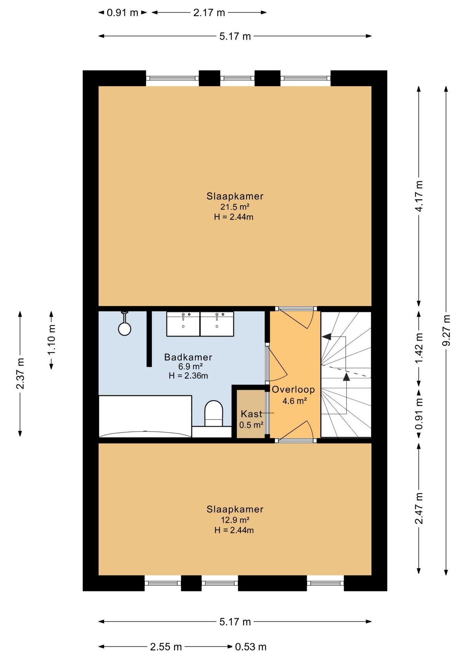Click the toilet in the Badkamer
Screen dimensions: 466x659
(213, 414)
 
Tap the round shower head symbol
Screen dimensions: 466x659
(125, 329)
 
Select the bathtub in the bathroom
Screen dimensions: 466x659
(145, 416)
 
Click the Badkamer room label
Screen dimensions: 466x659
(188, 357)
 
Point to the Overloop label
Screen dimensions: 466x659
(293, 390)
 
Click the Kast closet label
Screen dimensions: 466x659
(252, 414)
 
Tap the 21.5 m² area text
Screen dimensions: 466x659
(235, 207)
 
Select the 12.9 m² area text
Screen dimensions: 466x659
(235, 520)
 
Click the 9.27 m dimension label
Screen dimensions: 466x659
(446, 330)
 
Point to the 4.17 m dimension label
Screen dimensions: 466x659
(419, 196)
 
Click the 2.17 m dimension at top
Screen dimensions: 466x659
(209, 13)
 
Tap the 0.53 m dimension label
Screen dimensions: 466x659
(251, 647)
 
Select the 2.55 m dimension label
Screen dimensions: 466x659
(166, 647)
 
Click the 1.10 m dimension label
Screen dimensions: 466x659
(51, 340)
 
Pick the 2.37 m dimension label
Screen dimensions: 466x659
(20, 374)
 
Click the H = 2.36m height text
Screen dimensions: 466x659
(188, 376)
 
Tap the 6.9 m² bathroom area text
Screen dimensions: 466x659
(190, 367)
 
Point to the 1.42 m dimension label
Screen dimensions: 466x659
(419, 348)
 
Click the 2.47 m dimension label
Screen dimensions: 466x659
(419, 508)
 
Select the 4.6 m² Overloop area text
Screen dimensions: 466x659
(294, 401)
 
